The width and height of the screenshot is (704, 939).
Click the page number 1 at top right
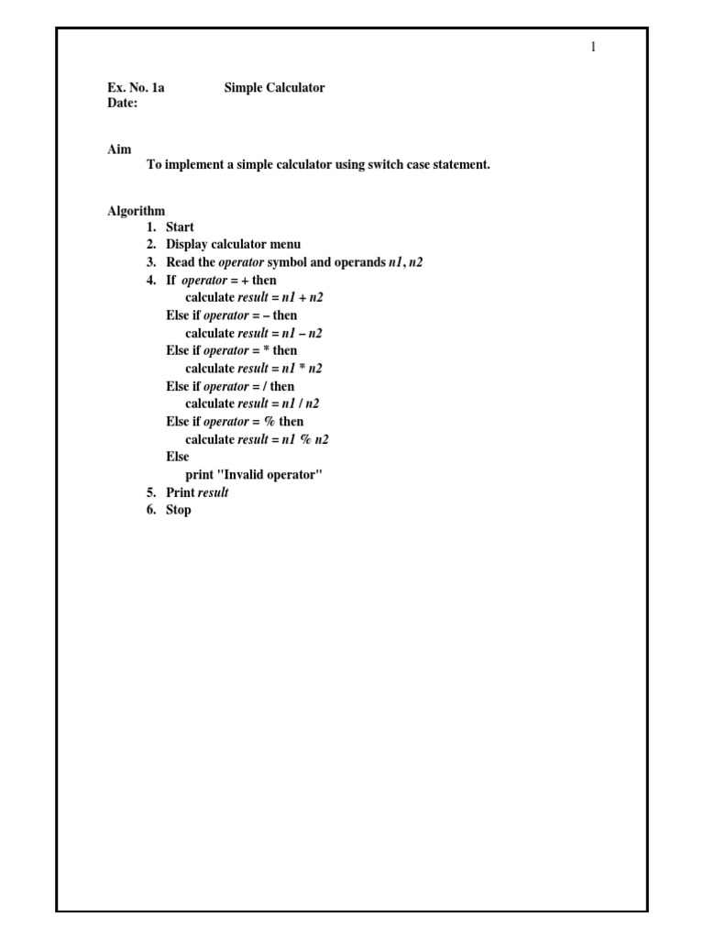pos(594,48)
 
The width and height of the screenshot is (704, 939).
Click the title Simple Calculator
pos(274,88)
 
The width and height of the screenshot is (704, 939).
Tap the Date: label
pos(123,104)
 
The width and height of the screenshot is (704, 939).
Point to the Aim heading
pos(119,149)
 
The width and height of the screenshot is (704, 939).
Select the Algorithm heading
pos(136,210)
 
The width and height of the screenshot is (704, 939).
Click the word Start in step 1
pos(180,227)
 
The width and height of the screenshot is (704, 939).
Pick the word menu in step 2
pos(283,245)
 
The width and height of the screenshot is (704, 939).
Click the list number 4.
pos(151,281)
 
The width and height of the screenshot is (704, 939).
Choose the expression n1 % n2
pos(305,439)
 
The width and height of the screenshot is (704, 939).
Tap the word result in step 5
pos(214,492)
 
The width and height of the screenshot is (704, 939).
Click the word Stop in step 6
pos(179,510)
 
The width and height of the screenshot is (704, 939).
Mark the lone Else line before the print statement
pos(178,457)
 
